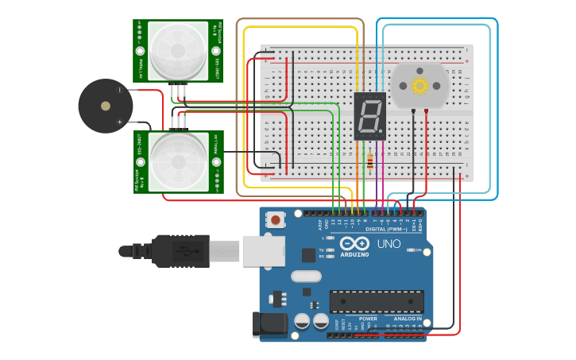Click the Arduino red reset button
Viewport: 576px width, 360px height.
[276, 219]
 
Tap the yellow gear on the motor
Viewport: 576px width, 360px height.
[419, 85]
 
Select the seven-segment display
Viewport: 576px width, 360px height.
[369, 115]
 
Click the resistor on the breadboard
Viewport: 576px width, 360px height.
[370, 162]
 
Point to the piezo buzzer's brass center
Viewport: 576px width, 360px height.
[106, 106]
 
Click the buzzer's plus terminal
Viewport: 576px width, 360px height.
[120, 122]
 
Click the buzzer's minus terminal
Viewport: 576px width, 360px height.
[120, 90]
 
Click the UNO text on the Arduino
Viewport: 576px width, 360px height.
[388, 244]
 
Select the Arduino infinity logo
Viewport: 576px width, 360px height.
[354, 243]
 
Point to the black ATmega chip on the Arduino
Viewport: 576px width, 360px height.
[377, 301]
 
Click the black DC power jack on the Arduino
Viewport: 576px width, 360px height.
[269, 324]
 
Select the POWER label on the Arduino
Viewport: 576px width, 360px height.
[367, 319]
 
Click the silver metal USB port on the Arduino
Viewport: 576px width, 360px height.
[263, 250]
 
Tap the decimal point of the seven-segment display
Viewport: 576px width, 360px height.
[382, 133]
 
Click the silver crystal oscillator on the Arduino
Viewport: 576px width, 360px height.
[305, 277]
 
